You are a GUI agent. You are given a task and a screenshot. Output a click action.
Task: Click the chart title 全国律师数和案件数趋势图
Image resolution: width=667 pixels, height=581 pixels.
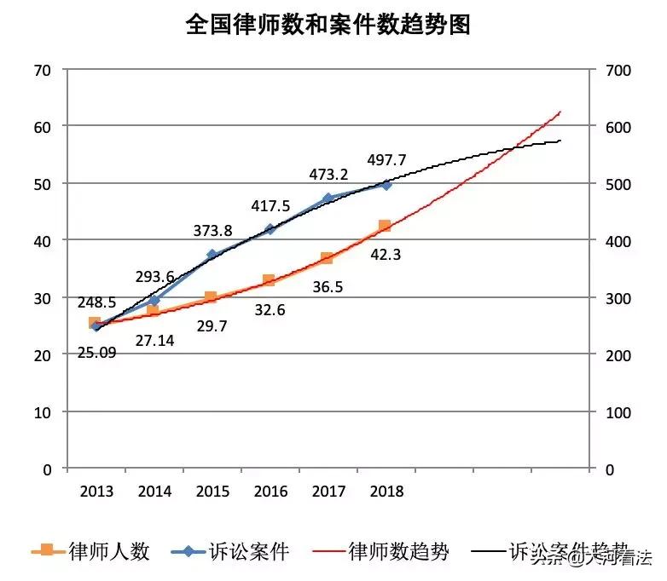click(328, 25)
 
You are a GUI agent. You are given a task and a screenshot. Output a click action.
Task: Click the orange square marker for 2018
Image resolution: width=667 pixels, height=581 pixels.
click(385, 226)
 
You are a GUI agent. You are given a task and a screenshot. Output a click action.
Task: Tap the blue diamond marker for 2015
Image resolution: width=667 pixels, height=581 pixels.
click(212, 255)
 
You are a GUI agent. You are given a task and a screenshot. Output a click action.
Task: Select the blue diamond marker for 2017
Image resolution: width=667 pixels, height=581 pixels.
click(328, 198)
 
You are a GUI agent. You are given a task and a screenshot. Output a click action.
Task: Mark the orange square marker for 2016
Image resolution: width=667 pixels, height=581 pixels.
click(270, 280)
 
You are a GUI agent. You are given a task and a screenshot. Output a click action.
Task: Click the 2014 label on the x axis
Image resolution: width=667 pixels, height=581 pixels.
click(154, 492)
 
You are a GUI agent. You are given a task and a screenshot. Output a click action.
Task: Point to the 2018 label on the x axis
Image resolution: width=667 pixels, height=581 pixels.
click(386, 492)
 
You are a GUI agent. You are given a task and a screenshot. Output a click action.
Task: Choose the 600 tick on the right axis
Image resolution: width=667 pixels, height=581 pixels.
click(618, 127)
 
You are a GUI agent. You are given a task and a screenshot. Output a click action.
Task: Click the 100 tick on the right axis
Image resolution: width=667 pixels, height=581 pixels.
click(618, 412)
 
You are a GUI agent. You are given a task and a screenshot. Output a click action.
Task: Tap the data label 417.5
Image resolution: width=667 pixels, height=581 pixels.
click(270, 206)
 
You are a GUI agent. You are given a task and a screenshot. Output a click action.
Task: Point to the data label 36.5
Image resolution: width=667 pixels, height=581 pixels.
click(328, 287)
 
